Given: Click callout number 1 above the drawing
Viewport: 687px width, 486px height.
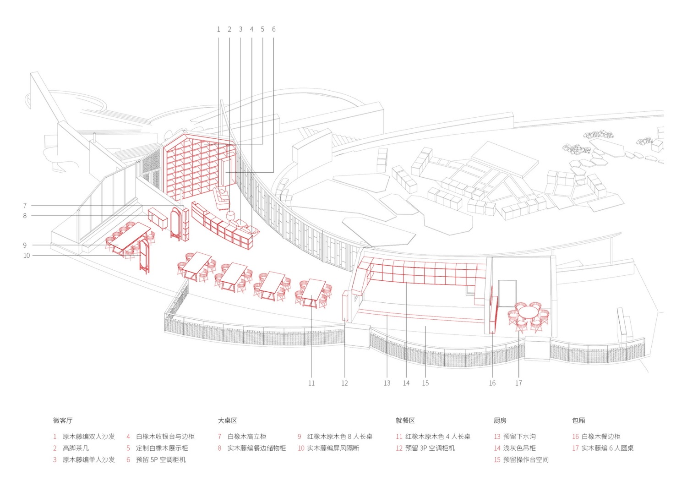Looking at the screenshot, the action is pos(218,29).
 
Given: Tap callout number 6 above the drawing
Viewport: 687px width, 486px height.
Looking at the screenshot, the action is pos(273,29).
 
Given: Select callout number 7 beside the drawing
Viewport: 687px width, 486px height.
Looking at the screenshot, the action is pos(25,206).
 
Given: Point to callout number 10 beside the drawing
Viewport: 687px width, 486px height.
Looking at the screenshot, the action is pos(27,256).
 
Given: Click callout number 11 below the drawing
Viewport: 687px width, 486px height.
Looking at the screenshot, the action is pos(311,383).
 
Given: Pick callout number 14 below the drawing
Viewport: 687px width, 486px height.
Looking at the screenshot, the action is pos(406,383).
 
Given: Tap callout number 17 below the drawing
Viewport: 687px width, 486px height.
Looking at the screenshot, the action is pos(518,383).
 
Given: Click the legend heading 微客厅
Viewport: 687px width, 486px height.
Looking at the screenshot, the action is pos(63,420).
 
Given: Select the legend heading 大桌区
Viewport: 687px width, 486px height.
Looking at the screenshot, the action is pos(228,420).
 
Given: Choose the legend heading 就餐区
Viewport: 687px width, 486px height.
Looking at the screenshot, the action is pos(405,420).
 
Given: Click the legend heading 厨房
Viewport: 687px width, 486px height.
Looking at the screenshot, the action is pos(500,420).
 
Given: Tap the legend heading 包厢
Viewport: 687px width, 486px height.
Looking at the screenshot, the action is pos(578,420).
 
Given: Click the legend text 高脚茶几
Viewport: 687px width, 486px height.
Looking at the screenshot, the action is pos(76,448).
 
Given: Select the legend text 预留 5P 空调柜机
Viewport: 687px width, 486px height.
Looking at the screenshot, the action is pos(161,460).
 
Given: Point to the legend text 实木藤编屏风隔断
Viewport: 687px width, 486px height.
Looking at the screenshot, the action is pos(333,448).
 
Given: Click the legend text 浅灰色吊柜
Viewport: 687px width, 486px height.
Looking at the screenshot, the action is pos(519,448).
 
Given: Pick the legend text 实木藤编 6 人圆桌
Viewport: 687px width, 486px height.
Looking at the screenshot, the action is pos(607,448).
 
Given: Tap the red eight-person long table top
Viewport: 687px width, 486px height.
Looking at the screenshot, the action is pos(131,236).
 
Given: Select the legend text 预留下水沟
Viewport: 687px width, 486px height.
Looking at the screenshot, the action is pos(519,437).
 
